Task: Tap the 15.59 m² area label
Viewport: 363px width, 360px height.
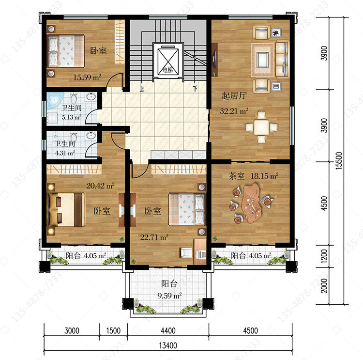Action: (x=87, y=77)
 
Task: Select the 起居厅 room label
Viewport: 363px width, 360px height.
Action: (x=234, y=95)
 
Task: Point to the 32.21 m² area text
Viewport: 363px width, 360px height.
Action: (x=234, y=111)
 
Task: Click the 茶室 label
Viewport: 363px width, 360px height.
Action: (x=237, y=176)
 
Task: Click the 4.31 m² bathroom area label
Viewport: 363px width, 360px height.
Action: (x=65, y=153)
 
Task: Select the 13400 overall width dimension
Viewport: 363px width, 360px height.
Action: (x=168, y=345)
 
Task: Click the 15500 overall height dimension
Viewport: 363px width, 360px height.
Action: (x=339, y=161)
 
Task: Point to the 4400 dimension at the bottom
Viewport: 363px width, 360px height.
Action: (x=168, y=330)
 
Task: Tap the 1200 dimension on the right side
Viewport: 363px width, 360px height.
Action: (x=324, y=256)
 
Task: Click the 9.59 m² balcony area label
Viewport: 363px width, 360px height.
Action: (x=169, y=296)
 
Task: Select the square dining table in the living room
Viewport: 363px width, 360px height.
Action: (x=261, y=127)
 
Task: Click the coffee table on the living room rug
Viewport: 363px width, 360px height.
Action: (x=262, y=60)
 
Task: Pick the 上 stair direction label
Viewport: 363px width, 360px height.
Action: (x=142, y=89)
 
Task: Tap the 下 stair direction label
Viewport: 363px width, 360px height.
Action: (x=196, y=89)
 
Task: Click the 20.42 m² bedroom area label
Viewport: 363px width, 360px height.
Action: (x=101, y=186)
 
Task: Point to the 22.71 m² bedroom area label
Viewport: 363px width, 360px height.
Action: (x=154, y=237)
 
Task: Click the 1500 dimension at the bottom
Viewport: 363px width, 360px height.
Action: (x=113, y=330)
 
